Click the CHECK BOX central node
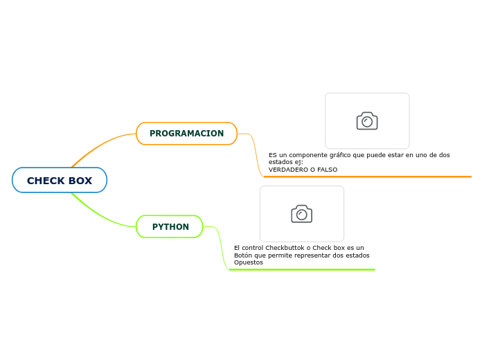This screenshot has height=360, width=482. [60, 181]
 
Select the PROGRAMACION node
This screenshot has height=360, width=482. [186, 134]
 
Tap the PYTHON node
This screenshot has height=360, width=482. [170, 227]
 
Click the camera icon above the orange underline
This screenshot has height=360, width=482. [367, 121]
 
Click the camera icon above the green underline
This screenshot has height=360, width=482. [301, 214]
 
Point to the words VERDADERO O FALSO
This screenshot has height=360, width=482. [303, 170]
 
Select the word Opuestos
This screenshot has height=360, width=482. [248, 262]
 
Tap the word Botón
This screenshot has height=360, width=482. [244, 255]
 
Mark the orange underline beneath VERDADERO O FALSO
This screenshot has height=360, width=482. [367, 177]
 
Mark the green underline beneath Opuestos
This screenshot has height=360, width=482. [301, 269]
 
